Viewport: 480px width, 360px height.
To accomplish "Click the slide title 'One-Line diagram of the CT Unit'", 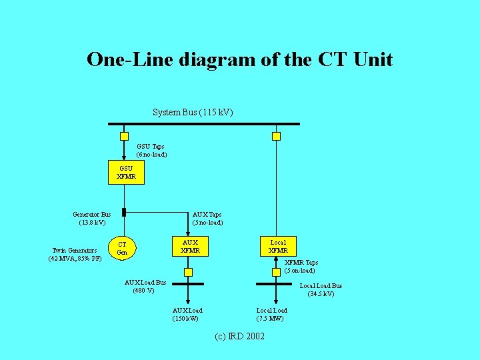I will pos(239,59).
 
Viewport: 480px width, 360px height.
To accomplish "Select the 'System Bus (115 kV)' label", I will pos(193,112).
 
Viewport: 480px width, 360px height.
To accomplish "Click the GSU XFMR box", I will pos(125,173).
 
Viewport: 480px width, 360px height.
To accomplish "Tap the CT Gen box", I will pos(123,248).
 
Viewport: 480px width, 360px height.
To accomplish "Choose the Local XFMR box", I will pos(278,247).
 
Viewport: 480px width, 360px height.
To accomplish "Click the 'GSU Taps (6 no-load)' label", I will pos(151,150).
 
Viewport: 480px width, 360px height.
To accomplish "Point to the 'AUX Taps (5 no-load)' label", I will pos(207,219).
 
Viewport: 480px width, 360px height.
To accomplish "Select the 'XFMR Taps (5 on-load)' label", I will pos(301,267).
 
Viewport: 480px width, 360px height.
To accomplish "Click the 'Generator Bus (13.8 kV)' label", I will pos(92,218).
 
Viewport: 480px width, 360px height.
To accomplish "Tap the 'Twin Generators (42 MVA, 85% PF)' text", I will pos(75,255).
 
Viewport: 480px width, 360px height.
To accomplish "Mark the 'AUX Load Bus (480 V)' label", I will pos(145,287).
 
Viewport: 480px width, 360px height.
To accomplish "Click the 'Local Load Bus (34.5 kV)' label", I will pos(321,290).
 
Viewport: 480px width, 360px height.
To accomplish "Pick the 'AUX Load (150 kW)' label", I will pos(187,314).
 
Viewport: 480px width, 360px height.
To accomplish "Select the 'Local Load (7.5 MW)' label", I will pos(272,314).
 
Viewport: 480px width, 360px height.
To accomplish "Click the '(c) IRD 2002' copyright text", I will pos(239,336).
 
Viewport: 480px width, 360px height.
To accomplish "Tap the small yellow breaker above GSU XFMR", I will pos(124,136).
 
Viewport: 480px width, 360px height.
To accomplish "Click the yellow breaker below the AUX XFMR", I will pos(188,272).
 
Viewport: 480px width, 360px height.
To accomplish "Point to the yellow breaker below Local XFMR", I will pos(276,272).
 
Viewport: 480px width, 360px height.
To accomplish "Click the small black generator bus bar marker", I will pos(124,213).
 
